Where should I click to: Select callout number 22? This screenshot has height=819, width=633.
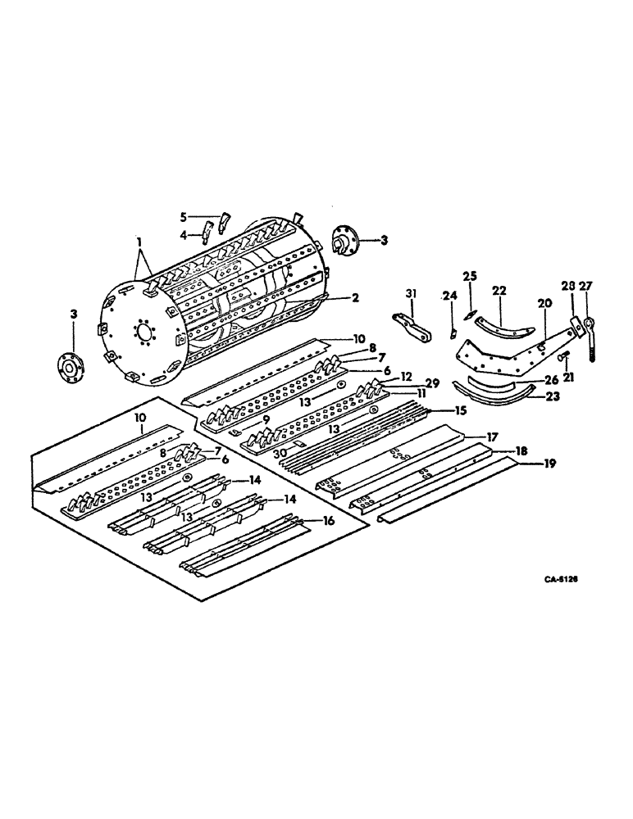coord(499,289)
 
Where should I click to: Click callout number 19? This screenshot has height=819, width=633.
coord(548,464)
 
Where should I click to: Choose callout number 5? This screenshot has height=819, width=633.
coord(184,217)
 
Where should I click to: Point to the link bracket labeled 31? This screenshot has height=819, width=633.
coord(414,326)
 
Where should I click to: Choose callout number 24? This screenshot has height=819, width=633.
coord(449,296)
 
